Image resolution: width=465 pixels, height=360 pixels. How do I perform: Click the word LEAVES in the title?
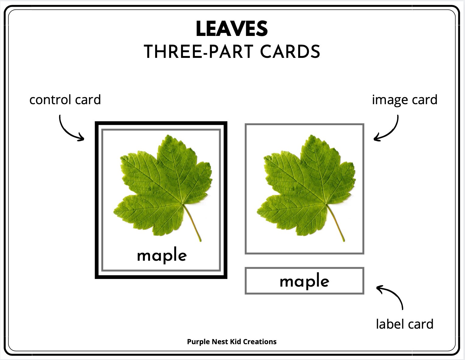[232, 29]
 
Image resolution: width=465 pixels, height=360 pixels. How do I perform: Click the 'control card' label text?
[65, 100]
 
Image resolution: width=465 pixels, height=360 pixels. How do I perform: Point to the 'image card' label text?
[404, 100]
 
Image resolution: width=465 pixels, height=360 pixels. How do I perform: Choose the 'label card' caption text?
[404, 324]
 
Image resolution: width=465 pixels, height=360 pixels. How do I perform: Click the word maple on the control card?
[162, 256]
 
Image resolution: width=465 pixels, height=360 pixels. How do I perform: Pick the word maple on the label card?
[304, 281]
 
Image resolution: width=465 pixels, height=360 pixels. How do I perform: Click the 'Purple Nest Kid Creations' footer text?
[232, 342]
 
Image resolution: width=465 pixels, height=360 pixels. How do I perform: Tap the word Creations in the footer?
[261, 342]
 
